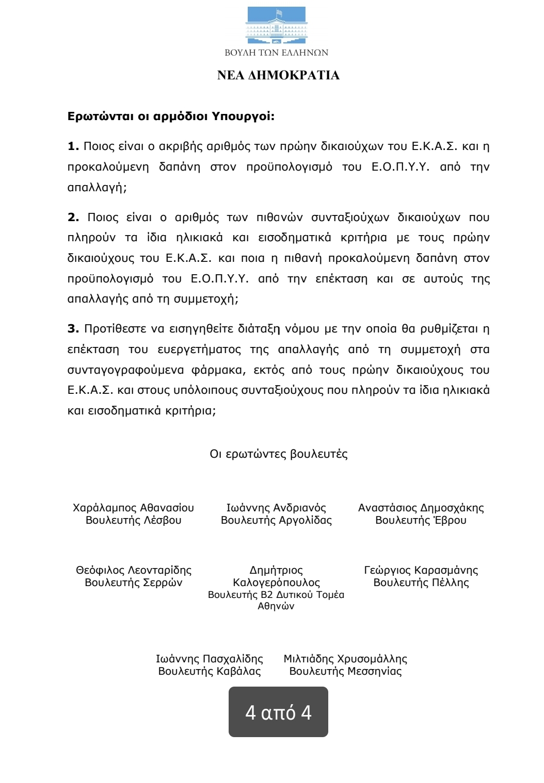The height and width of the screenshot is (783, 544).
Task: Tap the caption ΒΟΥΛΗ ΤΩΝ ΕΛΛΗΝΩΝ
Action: [277, 53]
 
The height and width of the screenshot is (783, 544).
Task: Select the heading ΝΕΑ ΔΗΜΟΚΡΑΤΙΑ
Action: [278, 75]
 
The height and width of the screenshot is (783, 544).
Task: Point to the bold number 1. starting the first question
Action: [73, 146]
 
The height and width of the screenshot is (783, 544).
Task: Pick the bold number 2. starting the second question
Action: [73, 217]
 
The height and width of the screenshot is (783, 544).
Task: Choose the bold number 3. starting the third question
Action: [73, 328]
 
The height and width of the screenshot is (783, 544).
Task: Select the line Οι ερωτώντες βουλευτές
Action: [278, 454]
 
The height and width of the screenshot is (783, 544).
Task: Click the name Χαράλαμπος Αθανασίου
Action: [133, 508]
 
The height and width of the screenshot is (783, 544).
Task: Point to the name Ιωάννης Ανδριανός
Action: [276, 508]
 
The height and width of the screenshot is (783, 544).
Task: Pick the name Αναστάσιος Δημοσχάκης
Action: [421, 508]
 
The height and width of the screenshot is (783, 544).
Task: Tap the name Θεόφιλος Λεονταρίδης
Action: [134, 570]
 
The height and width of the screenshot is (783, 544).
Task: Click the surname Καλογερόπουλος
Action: [276, 582]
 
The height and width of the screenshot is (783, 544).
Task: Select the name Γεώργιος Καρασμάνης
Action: [421, 570]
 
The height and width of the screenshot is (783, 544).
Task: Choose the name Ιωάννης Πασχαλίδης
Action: [210, 659]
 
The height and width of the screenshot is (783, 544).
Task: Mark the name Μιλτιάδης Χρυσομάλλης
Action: [345, 659]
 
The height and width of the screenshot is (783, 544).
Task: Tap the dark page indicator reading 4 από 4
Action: [278, 712]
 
